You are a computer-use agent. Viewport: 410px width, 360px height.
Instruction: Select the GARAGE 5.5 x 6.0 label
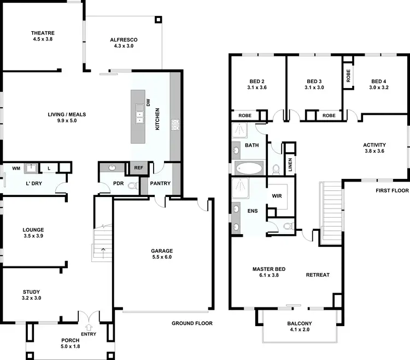point(161,254)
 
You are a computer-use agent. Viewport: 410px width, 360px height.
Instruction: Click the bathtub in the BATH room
point(249,168)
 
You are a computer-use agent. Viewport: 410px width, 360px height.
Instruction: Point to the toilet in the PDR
point(131,186)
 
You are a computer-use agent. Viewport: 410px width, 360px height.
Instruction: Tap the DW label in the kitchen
point(148,103)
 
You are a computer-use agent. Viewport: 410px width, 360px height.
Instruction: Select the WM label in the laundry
point(16,169)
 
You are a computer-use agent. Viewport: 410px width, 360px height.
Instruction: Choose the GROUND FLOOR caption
point(192,323)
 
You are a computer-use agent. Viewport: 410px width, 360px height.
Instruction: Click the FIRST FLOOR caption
point(392,191)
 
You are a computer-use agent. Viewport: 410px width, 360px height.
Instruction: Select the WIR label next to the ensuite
point(277,195)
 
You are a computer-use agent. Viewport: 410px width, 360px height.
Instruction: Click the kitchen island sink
point(139,115)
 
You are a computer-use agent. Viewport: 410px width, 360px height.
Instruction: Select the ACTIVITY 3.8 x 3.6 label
point(374,148)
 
